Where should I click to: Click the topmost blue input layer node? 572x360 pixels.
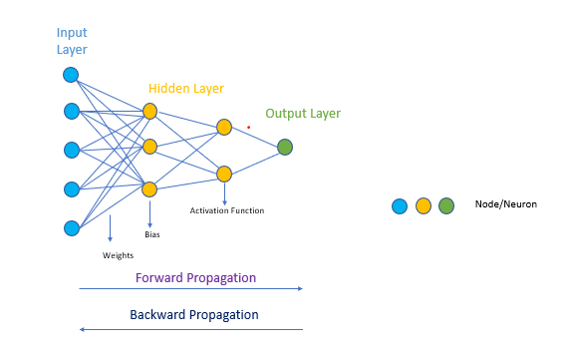(x=71, y=75)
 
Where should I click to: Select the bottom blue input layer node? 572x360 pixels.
(x=71, y=228)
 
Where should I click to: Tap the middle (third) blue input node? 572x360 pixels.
(x=71, y=150)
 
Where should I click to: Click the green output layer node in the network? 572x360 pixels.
(x=285, y=147)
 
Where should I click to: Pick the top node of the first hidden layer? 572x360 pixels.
(x=149, y=111)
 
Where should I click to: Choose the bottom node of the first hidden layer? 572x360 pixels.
(x=149, y=189)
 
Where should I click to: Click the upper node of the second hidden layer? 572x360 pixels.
(x=224, y=127)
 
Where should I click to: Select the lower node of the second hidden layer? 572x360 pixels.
(x=224, y=174)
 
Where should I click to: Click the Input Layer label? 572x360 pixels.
(x=72, y=41)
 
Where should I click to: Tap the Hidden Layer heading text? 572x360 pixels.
(x=186, y=89)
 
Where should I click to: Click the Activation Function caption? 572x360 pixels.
(x=227, y=210)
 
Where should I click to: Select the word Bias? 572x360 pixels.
(x=151, y=235)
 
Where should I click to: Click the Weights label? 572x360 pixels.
(x=118, y=255)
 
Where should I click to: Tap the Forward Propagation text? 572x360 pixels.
(x=194, y=277)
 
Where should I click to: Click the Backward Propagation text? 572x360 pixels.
(x=194, y=315)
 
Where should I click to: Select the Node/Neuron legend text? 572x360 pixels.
(x=506, y=204)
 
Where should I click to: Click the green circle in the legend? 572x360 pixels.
(x=445, y=206)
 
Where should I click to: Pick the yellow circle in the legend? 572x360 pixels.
(x=423, y=206)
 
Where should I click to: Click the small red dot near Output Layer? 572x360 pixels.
(x=248, y=127)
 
